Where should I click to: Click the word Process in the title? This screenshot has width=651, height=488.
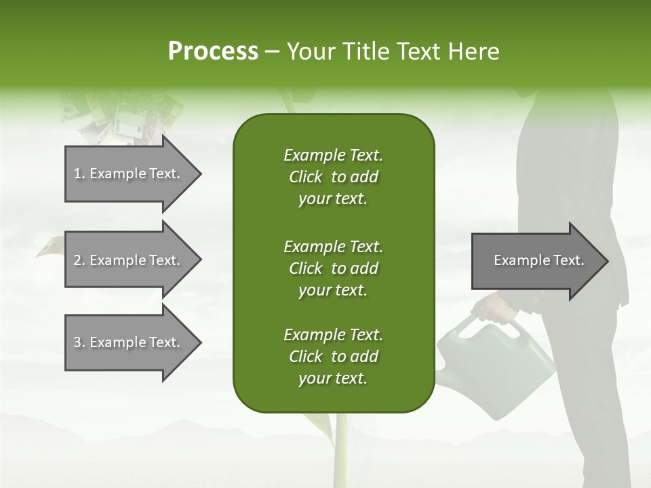pos(213,52)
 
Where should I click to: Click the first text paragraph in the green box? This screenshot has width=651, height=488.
pos(333,177)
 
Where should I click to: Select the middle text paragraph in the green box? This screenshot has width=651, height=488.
pos(333,268)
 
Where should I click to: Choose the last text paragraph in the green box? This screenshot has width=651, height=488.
pos(333,357)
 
